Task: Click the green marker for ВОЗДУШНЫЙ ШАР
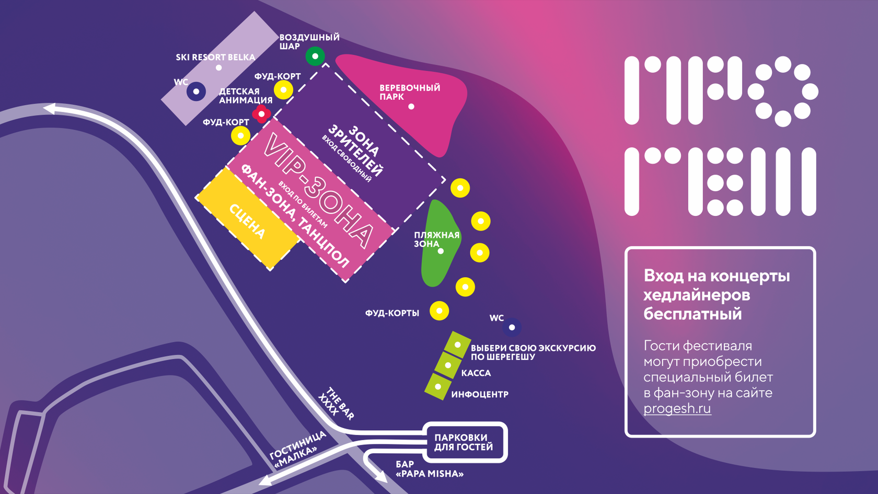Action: point(315,56)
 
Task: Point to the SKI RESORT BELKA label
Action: point(215,58)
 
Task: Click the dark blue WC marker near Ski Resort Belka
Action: point(196,91)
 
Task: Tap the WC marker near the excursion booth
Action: point(512,327)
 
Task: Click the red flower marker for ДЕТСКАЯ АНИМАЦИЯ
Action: point(261,113)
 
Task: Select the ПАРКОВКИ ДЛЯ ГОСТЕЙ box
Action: point(464,442)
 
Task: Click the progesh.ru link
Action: point(677,408)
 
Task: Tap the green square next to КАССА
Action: point(448,365)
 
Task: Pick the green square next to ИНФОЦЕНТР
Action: point(438,387)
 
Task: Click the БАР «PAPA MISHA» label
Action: point(429,469)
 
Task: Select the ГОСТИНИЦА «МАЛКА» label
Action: point(297,450)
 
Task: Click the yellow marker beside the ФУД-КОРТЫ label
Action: point(439,311)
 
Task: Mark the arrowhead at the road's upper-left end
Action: point(50,109)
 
